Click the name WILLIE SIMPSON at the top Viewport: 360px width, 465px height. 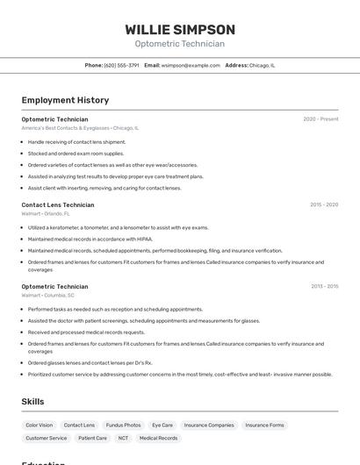click(x=180, y=30)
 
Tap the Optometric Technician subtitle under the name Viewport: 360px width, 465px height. click(x=180, y=44)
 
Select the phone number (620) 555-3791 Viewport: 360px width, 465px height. click(x=121, y=65)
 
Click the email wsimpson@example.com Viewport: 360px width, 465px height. click(x=191, y=65)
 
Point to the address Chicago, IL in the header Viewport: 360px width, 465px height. click(x=262, y=65)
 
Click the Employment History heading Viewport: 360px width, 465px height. click(x=65, y=100)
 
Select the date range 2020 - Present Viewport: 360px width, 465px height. click(x=320, y=119)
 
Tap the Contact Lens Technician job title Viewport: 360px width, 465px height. click(x=58, y=205)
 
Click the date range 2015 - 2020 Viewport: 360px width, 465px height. click(x=324, y=205)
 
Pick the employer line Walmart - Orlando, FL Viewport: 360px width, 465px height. click(x=46, y=213)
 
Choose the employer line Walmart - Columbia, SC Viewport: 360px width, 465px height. click(x=47, y=296)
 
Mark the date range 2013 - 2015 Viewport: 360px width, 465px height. click(x=324, y=286)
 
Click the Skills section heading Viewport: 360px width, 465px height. click(x=33, y=402)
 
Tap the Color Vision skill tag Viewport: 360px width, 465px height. click(x=40, y=426)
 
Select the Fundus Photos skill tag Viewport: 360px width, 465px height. click(x=123, y=426)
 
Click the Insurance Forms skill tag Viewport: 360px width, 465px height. click(x=264, y=426)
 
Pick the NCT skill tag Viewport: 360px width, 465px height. click(x=123, y=438)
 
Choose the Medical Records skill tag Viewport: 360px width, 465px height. click(x=158, y=438)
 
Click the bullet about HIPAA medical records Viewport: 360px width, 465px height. click(x=90, y=239)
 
